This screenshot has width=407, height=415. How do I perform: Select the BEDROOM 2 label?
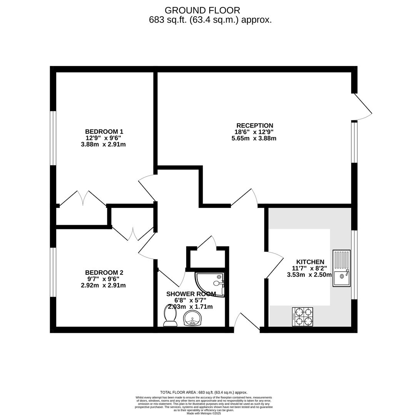click(104, 272)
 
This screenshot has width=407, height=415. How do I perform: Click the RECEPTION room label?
click(255, 125)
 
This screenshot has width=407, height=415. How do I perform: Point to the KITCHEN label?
click(308, 262)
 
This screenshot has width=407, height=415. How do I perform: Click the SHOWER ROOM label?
click(191, 294)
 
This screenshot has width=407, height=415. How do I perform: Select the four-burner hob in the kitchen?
click(302, 317)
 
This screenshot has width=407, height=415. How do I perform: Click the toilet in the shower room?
click(170, 315)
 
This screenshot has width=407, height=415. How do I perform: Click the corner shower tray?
click(209, 284)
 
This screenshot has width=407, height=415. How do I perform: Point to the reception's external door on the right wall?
click(362, 106)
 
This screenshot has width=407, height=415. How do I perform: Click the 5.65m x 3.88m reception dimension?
click(254, 138)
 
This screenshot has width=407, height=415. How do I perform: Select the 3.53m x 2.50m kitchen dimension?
click(309, 275)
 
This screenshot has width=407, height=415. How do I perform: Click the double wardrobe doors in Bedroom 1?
click(83, 198)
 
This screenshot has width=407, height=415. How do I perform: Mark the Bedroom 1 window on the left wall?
click(53, 138)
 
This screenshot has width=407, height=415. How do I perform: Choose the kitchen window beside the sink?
click(354, 264)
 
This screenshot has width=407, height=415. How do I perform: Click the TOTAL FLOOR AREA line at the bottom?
click(203, 392)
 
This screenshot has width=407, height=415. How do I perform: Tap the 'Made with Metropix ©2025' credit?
click(203, 413)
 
